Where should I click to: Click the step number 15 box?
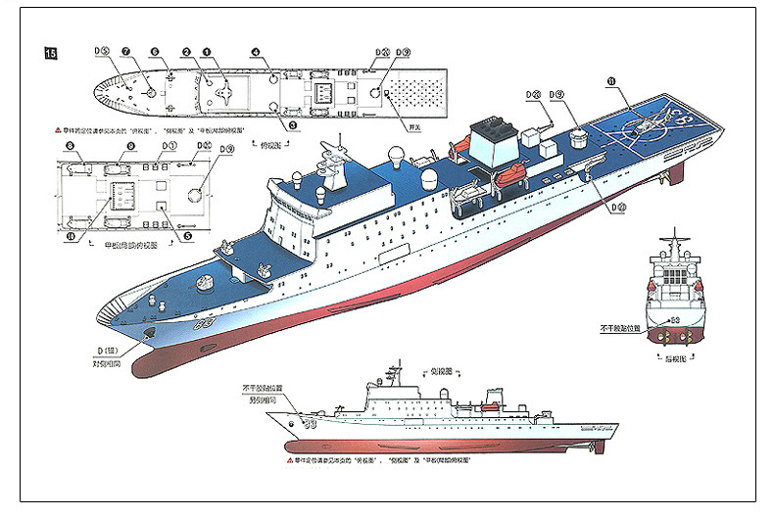pos(49,53)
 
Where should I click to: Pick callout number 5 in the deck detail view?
pos(187,236)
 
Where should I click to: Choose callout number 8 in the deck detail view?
pos(71,147)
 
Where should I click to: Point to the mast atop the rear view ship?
pos(675,240)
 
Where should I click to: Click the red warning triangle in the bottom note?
pos(291,459)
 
